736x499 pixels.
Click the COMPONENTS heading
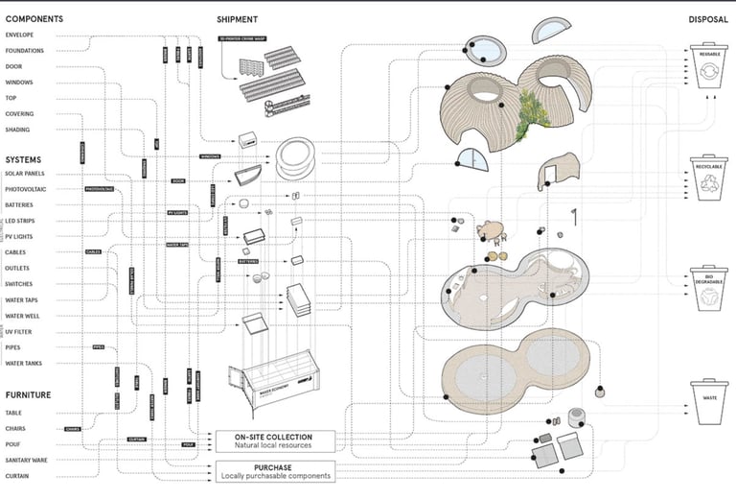(34, 19)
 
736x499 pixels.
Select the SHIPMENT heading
(238, 19)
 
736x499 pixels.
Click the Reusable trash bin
(710, 70)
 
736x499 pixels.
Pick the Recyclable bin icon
(710, 179)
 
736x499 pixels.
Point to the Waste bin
(710, 403)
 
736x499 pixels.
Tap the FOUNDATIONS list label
(25, 51)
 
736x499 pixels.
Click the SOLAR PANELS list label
(27, 174)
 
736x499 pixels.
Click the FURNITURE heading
(29, 394)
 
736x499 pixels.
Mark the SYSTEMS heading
(23, 159)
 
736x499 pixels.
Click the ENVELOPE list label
(19, 36)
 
